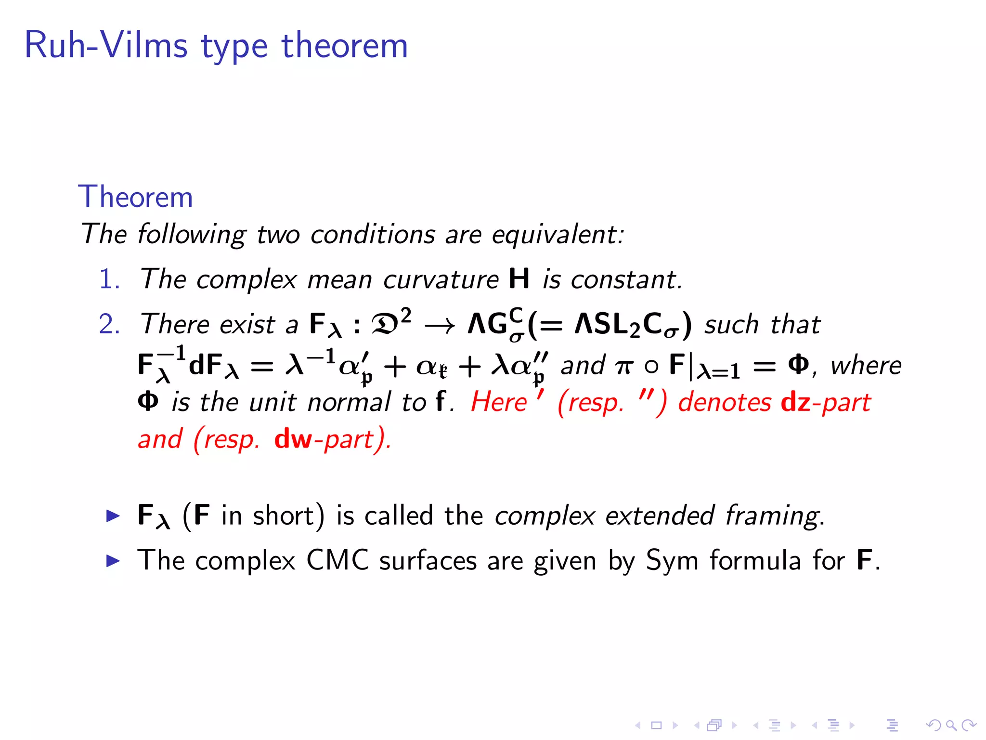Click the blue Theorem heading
click(135, 197)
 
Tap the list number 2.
click(109, 324)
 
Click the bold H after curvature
click(519, 279)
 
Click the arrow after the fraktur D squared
click(440, 326)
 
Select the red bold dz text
click(795, 402)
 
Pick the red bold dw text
click(293, 439)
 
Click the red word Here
click(499, 402)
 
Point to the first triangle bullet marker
click(113, 516)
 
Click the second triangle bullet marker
click(113, 561)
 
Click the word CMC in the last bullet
click(337, 561)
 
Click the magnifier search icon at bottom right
click(950, 725)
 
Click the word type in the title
click(234, 47)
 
